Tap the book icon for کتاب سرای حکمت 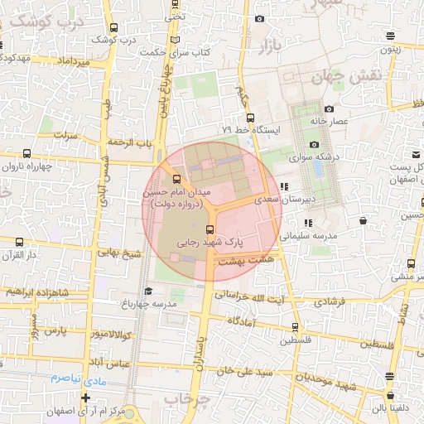point(173,40)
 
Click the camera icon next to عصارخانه point(329,108)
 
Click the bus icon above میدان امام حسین point(176,178)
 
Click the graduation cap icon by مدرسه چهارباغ point(148,291)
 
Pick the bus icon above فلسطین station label point(295,327)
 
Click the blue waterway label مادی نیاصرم point(65,378)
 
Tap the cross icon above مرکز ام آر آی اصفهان point(85,397)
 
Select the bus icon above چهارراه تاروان point(26,153)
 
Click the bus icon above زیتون point(390,35)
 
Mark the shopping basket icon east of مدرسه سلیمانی point(364,221)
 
